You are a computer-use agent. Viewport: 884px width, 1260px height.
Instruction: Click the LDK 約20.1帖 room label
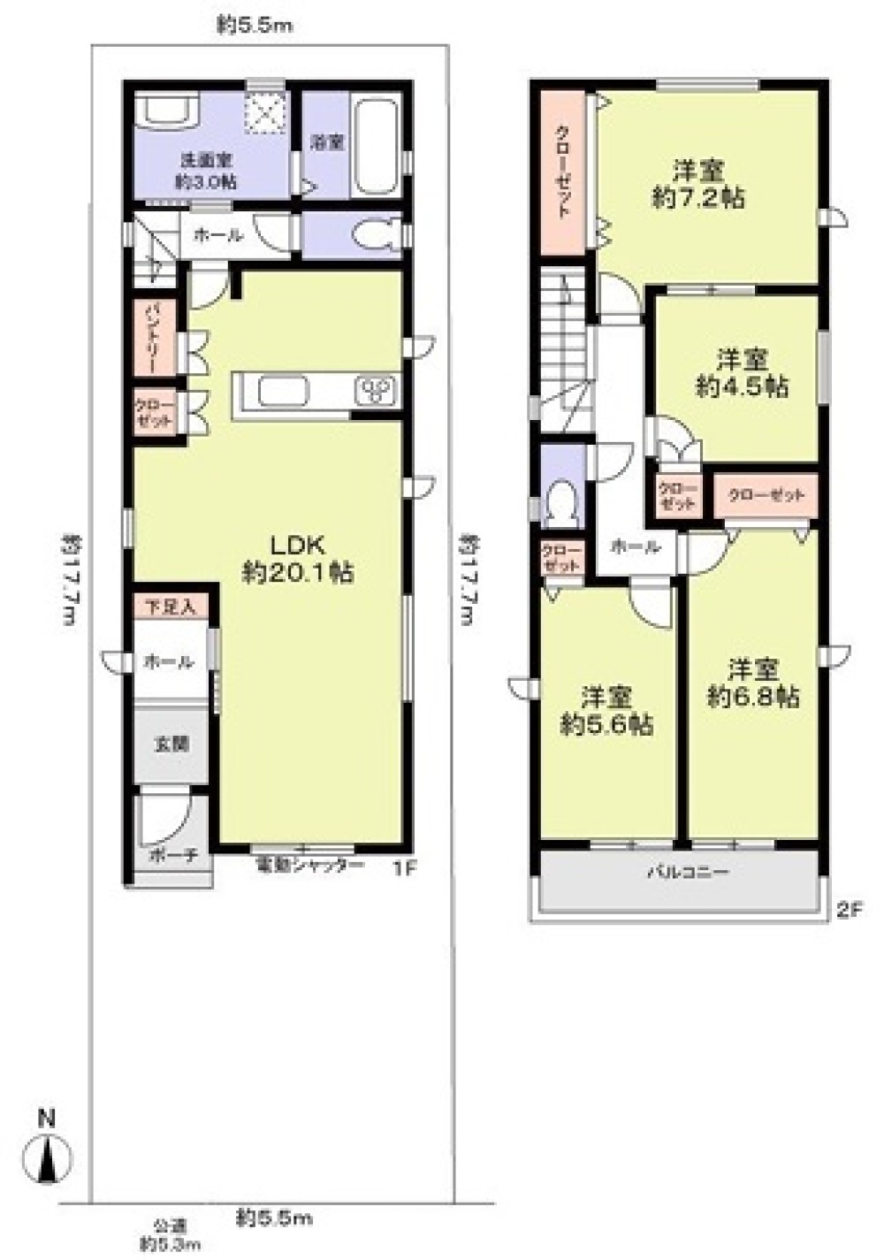tap(298, 559)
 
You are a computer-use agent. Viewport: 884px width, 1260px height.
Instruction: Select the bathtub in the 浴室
tap(374, 150)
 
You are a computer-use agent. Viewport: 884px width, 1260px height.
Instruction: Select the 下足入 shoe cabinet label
tap(171, 607)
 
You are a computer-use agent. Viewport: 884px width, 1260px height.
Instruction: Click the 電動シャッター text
tap(309, 866)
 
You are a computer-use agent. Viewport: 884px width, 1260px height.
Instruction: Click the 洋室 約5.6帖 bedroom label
tap(607, 710)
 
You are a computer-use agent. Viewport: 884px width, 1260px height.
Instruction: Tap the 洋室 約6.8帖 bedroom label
tap(753, 682)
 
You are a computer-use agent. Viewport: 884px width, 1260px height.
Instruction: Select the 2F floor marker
tap(848, 908)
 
